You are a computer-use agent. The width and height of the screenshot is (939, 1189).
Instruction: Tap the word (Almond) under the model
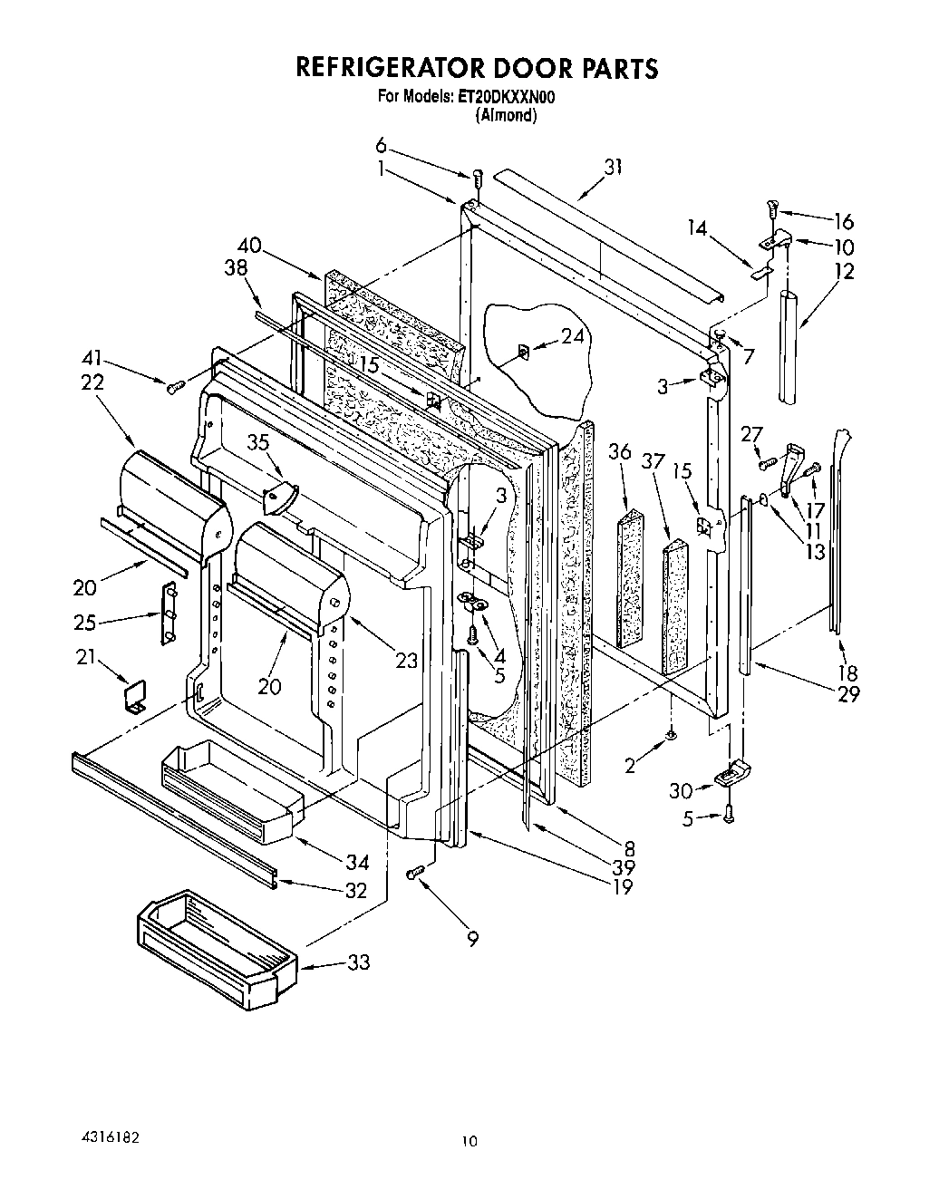tap(506, 116)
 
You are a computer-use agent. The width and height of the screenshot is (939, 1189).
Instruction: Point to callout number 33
tap(359, 962)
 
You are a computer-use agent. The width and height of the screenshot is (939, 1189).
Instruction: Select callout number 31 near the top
tap(614, 167)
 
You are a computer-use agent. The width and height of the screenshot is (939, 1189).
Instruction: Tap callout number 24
tap(572, 336)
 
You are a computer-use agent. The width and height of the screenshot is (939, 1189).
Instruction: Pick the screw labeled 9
tap(416, 872)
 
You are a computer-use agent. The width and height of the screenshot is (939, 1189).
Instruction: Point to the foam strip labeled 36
tap(628, 580)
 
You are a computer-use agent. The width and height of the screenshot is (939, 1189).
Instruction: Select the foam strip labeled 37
tap(674, 605)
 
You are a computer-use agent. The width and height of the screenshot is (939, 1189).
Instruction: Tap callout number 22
tap(92, 382)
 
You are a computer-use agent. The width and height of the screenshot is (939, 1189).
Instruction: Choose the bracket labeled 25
tap(168, 614)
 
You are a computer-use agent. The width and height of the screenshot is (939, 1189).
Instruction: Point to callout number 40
tap(250, 245)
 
